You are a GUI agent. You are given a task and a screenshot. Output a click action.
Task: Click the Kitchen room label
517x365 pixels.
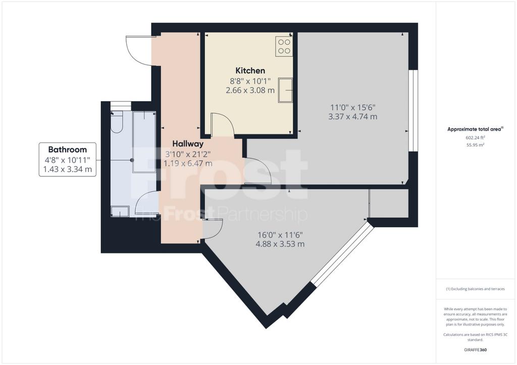250,71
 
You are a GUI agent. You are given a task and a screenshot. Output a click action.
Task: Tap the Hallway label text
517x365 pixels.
188,144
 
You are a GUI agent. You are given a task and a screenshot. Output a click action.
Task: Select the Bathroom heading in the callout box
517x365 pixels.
68,150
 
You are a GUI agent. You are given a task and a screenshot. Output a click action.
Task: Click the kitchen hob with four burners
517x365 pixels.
284,46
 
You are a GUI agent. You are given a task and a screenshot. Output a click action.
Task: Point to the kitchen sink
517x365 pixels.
285,90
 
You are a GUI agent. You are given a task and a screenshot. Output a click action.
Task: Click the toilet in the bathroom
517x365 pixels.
117,122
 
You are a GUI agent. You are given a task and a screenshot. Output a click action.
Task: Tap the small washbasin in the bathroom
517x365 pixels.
120,211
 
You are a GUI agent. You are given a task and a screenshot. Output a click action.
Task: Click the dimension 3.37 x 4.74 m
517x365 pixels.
353,116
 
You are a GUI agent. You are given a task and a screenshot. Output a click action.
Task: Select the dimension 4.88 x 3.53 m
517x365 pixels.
280,244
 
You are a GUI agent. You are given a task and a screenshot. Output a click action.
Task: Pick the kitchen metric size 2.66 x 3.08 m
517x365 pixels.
250,90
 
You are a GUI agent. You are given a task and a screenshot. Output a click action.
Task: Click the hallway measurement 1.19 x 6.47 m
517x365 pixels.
188,163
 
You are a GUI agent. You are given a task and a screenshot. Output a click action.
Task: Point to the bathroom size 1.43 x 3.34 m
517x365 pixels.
68,169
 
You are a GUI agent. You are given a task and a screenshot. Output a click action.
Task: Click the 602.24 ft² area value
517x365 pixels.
475,138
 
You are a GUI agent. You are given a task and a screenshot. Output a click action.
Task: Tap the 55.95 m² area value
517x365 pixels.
475,145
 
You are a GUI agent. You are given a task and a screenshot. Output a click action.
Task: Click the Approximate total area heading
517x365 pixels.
475,130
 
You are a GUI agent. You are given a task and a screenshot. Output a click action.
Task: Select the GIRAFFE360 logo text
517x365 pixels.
475,350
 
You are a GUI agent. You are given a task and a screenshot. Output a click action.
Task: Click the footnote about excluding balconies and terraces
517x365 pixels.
475,289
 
